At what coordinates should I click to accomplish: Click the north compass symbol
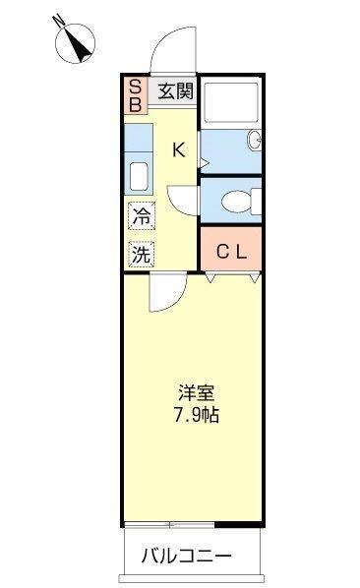(74, 40)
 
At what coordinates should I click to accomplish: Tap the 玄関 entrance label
(175, 91)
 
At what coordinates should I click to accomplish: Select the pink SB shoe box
(136, 93)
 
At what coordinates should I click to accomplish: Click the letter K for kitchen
(178, 149)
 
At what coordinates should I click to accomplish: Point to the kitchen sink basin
(137, 178)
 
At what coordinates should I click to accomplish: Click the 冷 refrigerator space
(141, 216)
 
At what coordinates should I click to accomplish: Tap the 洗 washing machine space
(141, 253)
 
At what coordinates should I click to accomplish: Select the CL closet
(232, 251)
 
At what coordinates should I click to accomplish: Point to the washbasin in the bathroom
(254, 141)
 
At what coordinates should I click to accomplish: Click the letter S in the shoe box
(136, 86)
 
